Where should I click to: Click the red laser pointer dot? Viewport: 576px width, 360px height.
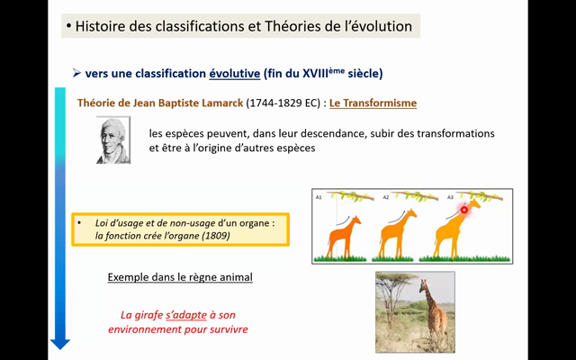tap(465, 210)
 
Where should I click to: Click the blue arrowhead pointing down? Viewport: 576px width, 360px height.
tap(60, 342)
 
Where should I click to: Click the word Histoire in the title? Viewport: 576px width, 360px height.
tap(101, 27)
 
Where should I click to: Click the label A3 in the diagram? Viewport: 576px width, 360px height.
tap(451, 195)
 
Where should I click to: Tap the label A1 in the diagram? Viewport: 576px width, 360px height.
tap(319, 195)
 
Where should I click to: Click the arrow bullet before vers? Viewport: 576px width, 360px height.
tap(76, 72)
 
